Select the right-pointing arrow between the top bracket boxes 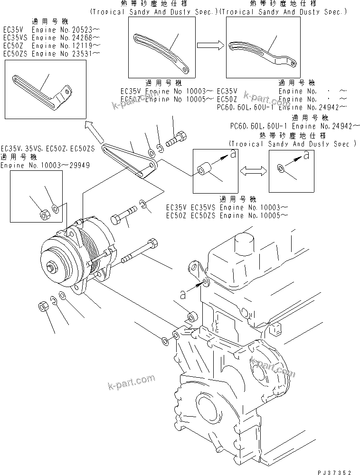(x=209, y=46)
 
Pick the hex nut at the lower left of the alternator (x=43, y=307)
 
